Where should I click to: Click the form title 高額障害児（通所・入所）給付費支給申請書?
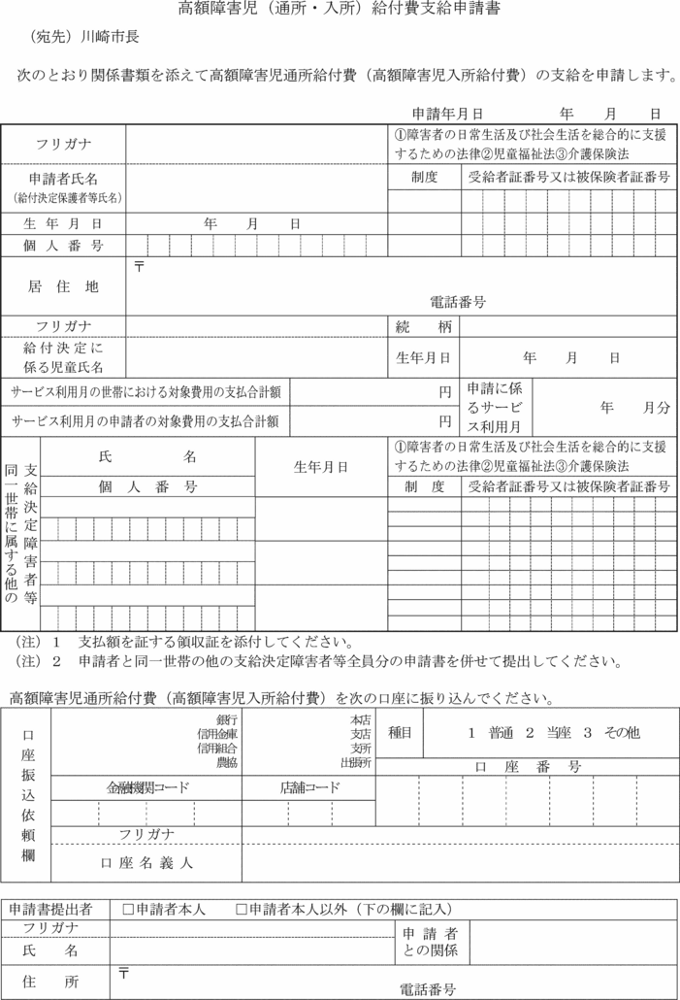[x=340, y=11]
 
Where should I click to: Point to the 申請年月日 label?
[x=448, y=114]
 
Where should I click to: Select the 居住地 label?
[x=63, y=286]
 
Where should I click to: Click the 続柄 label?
[x=424, y=326]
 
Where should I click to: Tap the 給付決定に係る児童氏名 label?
[x=63, y=356]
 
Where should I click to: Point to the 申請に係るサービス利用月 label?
[x=495, y=407]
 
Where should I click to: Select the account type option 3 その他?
[x=612, y=734]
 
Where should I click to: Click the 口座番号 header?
[x=529, y=767]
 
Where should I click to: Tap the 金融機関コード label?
[x=147, y=787]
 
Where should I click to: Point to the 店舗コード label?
[x=309, y=787]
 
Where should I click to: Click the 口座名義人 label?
[x=146, y=862]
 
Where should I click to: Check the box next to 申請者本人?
[x=128, y=910]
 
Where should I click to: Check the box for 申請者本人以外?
[x=242, y=910]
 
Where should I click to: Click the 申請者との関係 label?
[x=431, y=941]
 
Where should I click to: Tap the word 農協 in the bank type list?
[x=228, y=763]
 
